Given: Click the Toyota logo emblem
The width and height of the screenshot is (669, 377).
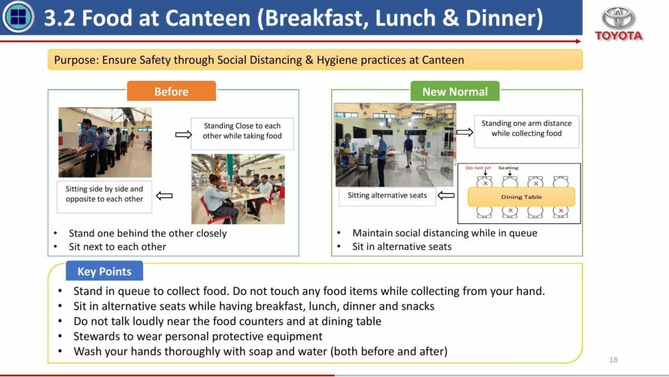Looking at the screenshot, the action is [x=618, y=17].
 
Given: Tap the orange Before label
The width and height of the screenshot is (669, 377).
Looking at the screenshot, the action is [x=172, y=91].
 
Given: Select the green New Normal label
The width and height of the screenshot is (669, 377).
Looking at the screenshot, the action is [x=455, y=91].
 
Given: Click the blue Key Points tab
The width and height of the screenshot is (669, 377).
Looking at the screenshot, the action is [x=104, y=271].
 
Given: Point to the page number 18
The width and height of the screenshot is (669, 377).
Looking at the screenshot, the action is [x=613, y=360].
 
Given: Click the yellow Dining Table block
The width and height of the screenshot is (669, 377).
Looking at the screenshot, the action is [x=521, y=197].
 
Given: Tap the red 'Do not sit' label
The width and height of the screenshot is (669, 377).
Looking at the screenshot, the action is [x=478, y=168].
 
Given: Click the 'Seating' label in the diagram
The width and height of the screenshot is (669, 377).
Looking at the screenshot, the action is [x=508, y=168].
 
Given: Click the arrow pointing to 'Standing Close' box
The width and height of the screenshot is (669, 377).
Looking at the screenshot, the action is [x=183, y=135].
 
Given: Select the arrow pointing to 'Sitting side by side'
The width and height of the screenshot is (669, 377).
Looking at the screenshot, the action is [x=164, y=196].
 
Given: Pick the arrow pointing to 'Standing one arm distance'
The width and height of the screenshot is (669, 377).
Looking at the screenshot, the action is [x=465, y=132].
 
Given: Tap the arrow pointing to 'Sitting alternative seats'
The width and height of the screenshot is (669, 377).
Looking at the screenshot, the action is [x=446, y=195].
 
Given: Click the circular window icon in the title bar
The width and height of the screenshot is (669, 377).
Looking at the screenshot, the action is [x=18, y=17].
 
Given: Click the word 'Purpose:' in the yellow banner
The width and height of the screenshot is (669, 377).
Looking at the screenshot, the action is [x=76, y=60].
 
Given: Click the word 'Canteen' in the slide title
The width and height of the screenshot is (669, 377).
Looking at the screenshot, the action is [x=207, y=18].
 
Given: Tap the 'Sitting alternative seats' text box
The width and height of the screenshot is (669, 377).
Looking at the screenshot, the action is [x=387, y=195].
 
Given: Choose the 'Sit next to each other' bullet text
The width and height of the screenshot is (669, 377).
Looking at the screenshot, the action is [x=118, y=247].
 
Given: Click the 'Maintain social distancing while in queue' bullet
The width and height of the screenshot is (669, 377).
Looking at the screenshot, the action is [x=445, y=233].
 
